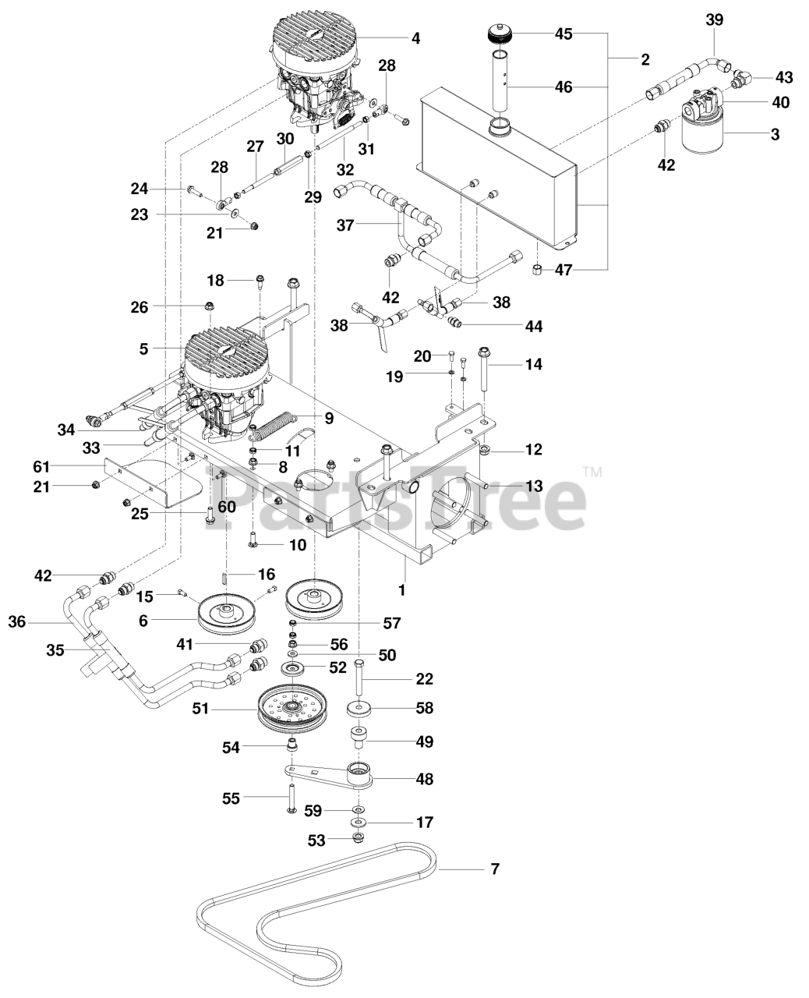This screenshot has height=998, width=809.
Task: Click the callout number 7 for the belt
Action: [x=494, y=869]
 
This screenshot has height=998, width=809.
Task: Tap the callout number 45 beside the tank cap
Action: [x=563, y=34]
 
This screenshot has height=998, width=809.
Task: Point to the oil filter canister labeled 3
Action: [x=703, y=134]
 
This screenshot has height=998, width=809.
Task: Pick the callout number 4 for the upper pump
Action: [x=415, y=37]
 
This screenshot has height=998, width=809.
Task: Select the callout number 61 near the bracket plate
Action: [x=41, y=466]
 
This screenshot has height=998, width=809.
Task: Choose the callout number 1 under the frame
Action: [x=401, y=590]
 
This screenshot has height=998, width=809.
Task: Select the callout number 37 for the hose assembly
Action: [x=344, y=225]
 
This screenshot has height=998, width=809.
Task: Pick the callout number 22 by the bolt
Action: [x=424, y=678]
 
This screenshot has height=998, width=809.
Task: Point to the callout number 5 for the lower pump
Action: [x=143, y=349]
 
